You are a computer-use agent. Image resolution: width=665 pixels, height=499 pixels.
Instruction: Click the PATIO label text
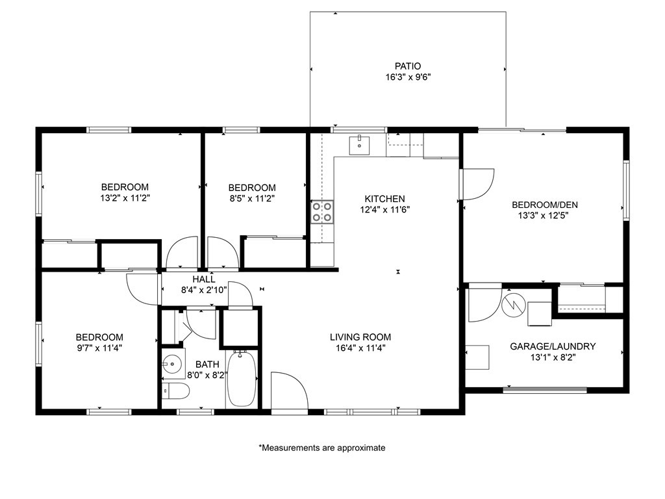(407, 66)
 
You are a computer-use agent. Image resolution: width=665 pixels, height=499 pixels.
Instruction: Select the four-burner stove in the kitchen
(323, 211)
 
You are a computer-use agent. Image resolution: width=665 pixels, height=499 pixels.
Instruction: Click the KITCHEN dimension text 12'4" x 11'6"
(384, 209)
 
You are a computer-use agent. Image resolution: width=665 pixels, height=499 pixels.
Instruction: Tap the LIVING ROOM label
(360, 337)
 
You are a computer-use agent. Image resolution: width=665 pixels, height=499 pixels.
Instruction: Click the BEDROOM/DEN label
(544, 205)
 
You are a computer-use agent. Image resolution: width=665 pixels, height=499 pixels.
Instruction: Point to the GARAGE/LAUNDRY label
(553, 346)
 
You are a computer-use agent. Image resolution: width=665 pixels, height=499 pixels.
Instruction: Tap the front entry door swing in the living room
(289, 392)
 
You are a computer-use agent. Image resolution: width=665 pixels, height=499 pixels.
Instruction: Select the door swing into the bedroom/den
(477, 184)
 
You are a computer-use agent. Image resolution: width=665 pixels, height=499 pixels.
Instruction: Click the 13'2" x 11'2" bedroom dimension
(124, 198)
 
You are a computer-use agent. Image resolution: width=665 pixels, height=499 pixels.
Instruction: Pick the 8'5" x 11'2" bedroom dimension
(252, 198)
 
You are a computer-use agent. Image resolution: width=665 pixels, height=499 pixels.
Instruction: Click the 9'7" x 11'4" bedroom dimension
(99, 348)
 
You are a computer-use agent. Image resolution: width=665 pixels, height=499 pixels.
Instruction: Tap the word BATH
(208, 365)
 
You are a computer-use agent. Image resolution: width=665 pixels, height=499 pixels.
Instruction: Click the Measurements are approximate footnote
(322, 448)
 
